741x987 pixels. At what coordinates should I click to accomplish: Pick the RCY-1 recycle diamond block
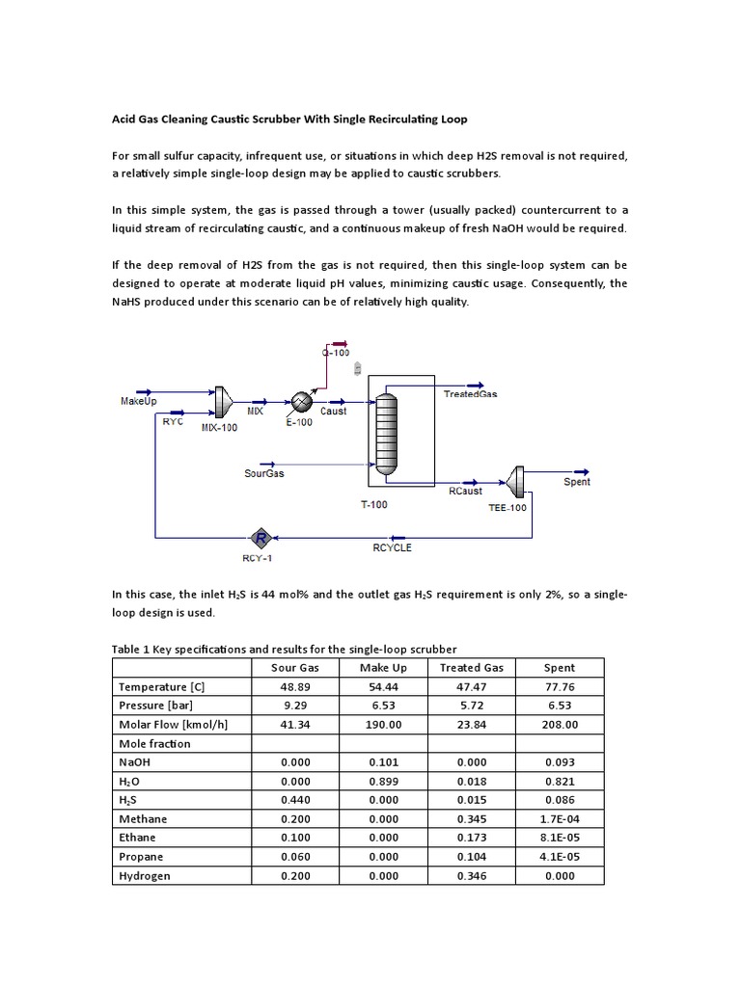[260, 537]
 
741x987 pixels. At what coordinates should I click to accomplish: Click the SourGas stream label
[264, 473]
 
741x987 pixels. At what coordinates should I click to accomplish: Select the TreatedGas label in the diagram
[471, 394]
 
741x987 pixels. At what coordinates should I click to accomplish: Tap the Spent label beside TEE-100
[577, 482]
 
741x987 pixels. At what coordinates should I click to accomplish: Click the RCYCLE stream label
[392, 547]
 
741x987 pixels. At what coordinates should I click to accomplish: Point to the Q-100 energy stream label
[335, 354]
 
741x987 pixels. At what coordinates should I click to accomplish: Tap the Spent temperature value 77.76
[560, 686]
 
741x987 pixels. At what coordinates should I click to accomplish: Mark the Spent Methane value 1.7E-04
[560, 819]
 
